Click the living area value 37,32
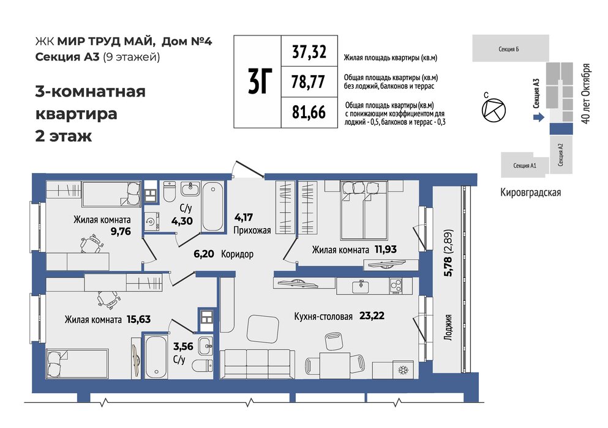tap(309, 51)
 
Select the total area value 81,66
tap(309, 112)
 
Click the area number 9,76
tap(121, 232)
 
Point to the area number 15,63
tap(139, 320)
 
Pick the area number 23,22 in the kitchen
tap(372, 315)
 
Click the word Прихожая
tap(252, 231)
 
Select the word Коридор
tap(238, 254)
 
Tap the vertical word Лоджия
tap(448, 327)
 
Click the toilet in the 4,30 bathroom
tap(170, 191)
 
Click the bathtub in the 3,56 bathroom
tap(156, 357)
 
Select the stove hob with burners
tap(396, 286)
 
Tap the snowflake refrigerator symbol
tap(403, 371)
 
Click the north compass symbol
tap(494, 110)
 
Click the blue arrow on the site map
tap(539, 117)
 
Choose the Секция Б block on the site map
tap(510, 48)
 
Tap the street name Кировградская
tap(530, 192)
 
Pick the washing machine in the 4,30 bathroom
tap(151, 221)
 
